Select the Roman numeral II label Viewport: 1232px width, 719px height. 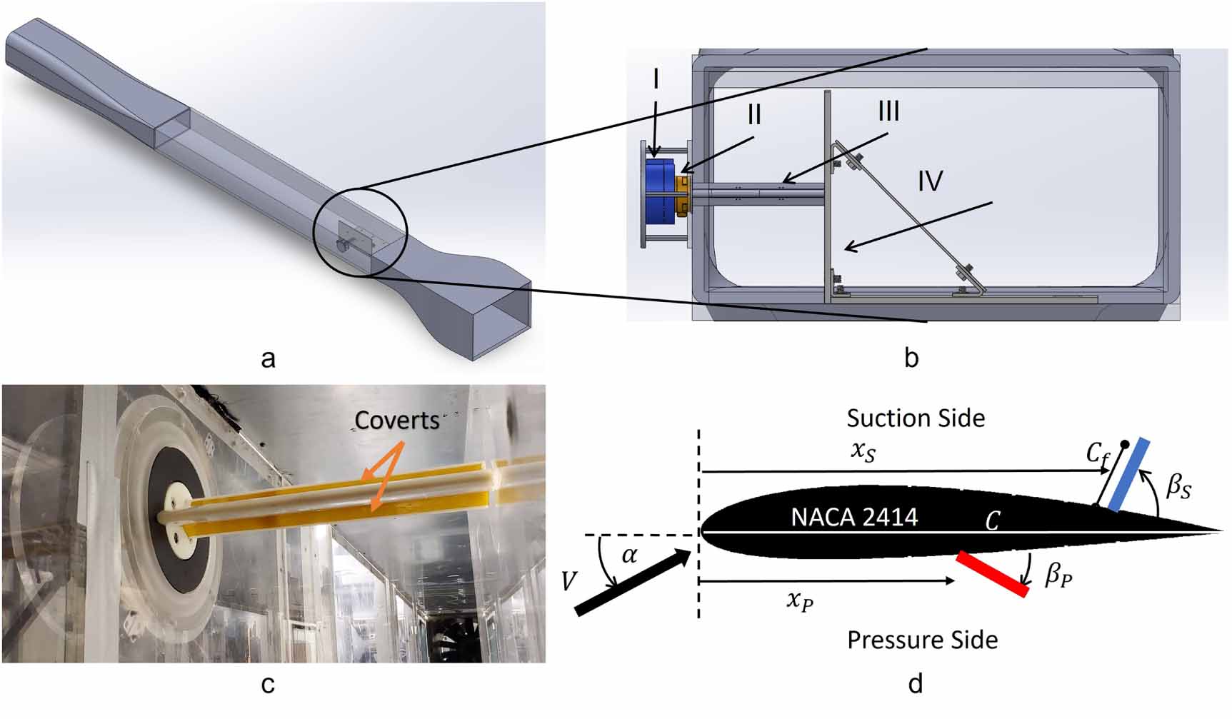[754, 115]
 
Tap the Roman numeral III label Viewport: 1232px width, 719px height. [888, 111]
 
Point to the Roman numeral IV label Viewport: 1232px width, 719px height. [930, 181]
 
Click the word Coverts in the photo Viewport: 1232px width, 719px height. [397, 421]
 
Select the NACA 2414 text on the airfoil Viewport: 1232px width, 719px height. [854, 517]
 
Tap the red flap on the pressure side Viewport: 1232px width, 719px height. [993, 574]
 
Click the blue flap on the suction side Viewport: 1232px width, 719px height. [1129, 475]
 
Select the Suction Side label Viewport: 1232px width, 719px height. [916, 418]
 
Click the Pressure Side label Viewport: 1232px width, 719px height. [922, 640]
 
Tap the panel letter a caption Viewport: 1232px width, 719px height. [268, 358]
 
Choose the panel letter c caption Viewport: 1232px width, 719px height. [268, 685]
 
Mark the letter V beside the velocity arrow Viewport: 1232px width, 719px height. [569, 581]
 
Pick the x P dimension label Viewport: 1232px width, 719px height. [800, 600]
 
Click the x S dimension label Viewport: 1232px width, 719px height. [863, 451]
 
